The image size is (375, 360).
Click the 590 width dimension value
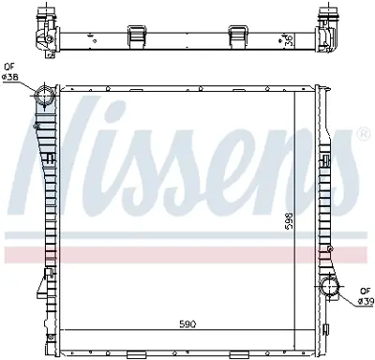click(x=189, y=323)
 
